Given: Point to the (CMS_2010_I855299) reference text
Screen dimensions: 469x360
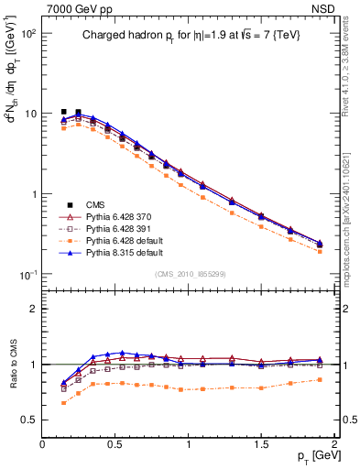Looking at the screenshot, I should point(190,274).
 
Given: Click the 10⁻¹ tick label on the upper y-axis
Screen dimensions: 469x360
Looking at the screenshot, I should point(27,275).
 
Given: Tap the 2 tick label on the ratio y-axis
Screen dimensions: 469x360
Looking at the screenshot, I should point(33,309).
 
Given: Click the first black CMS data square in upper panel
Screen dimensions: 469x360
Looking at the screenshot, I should point(63,112).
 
